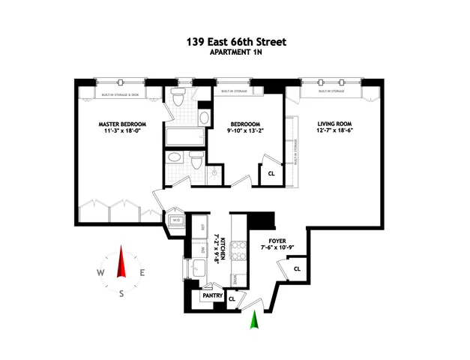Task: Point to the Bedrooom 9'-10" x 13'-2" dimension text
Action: point(247,132)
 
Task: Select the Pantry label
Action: point(210,295)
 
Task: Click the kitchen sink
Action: point(201,269)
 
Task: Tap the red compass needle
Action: point(121,263)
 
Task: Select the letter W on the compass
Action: point(100,274)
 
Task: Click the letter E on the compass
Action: point(143,274)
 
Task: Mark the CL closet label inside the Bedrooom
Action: point(271,174)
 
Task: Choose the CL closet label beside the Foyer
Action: point(297,268)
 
